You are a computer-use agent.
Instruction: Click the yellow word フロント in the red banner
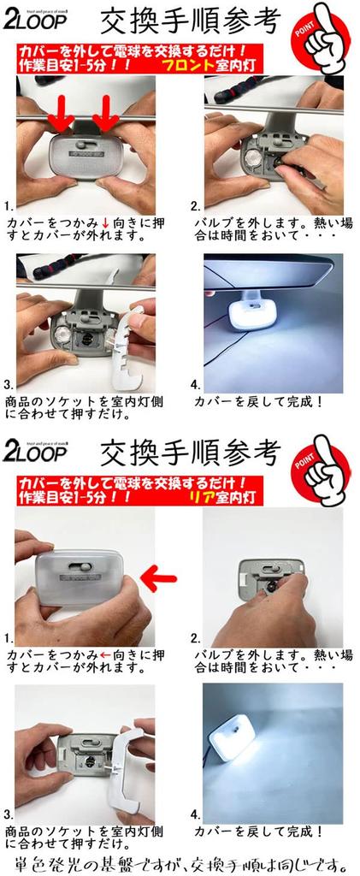[193, 64]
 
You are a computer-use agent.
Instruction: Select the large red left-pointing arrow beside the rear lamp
[157, 578]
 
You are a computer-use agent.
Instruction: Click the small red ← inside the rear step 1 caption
[104, 655]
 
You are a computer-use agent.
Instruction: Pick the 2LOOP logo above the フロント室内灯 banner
[38, 19]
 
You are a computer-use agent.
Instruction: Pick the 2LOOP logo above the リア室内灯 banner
[38, 452]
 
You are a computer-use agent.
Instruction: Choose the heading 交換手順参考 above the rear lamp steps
[190, 451]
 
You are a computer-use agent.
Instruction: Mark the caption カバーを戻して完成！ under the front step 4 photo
[258, 400]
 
